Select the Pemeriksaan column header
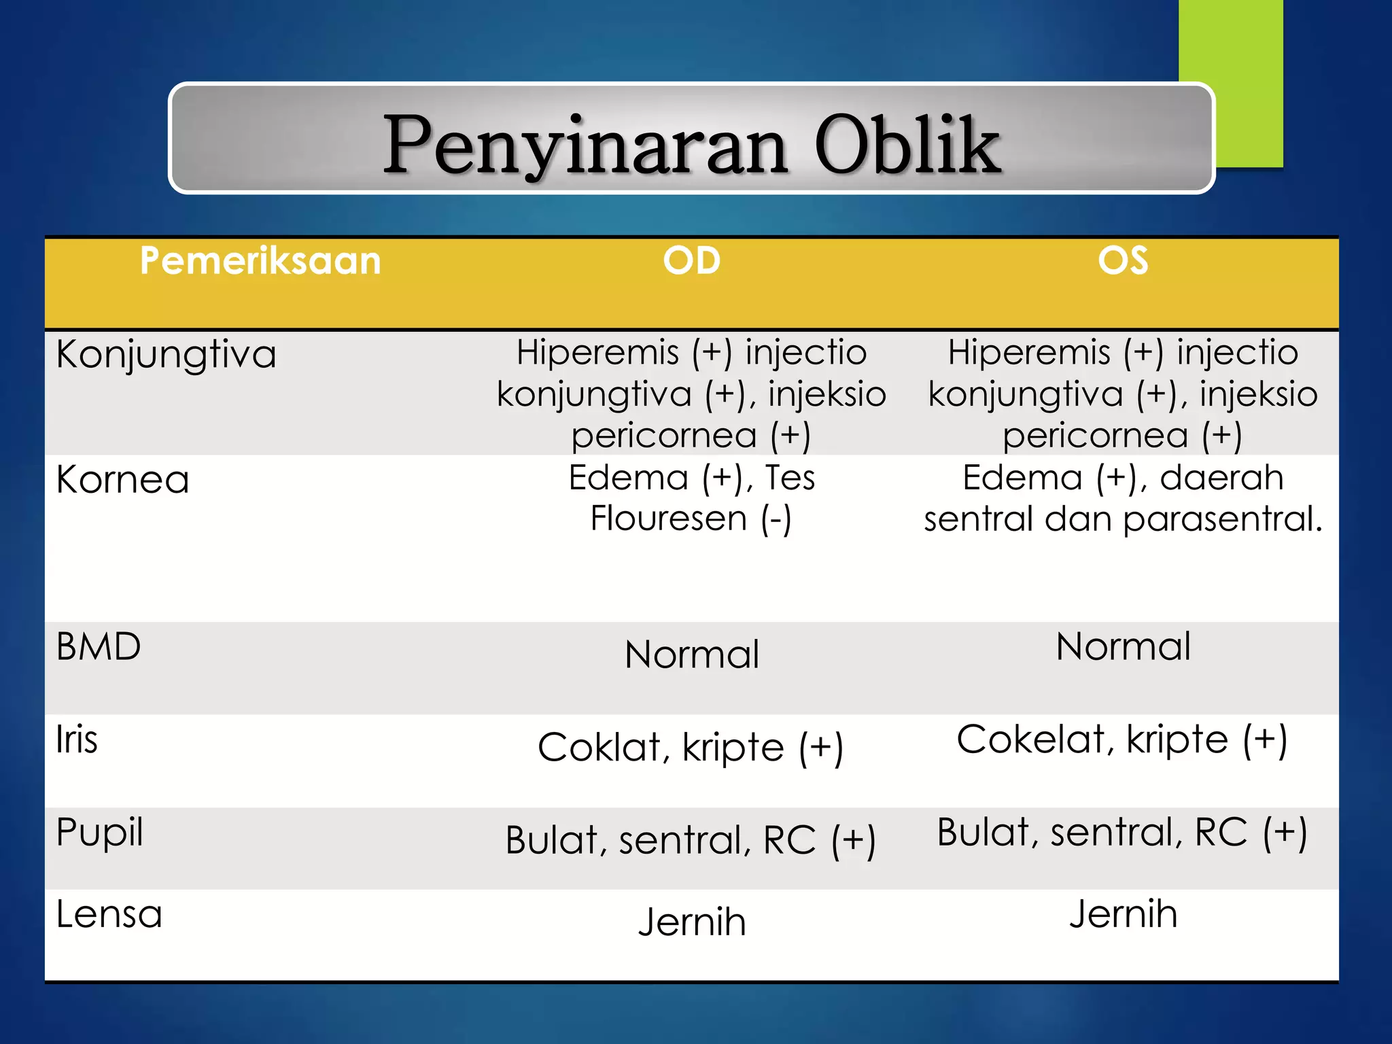pyautogui.click(x=260, y=261)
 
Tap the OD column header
pyautogui.click(x=691, y=261)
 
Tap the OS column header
pyautogui.click(x=1123, y=261)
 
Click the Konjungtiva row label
pyautogui.click(x=167, y=355)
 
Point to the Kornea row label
pyautogui.click(x=122, y=480)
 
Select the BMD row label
pyautogui.click(x=99, y=646)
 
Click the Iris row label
pyautogui.click(x=77, y=739)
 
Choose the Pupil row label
pyautogui.click(x=100, y=833)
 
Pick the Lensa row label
pyautogui.click(x=109, y=914)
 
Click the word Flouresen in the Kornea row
pyautogui.click(x=669, y=519)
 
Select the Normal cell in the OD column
pyautogui.click(x=691, y=655)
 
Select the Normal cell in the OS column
pyautogui.click(x=1123, y=646)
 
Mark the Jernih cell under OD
pyautogui.click(x=691, y=922)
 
